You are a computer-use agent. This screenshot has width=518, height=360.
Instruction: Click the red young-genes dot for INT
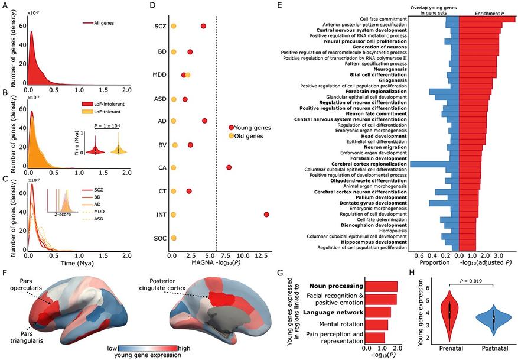point(266,214)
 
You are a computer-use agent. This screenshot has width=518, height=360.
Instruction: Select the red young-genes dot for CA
point(229,167)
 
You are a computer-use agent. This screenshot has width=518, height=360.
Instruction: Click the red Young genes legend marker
point(232,128)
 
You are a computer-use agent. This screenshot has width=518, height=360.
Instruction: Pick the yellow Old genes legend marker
point(232,137)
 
